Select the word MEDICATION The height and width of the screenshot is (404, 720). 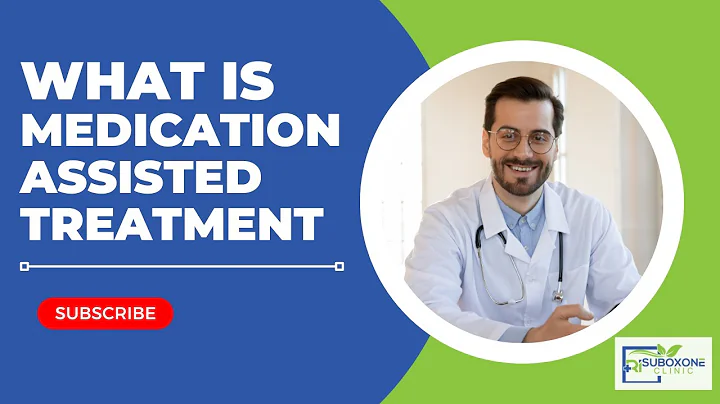(x=181, y=133)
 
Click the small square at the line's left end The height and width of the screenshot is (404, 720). (x=25, y=266)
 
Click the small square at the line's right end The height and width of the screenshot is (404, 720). (x=339, y=266)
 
